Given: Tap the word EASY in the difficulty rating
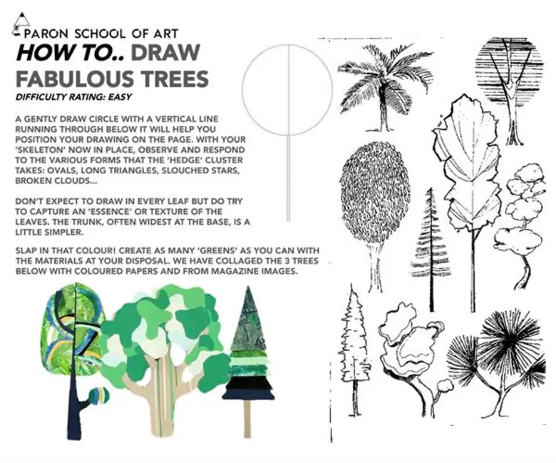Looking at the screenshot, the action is tap(120, 97).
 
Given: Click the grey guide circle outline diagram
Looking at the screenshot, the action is tap(287, 90).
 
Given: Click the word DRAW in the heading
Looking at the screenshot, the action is tap(165, 53).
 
